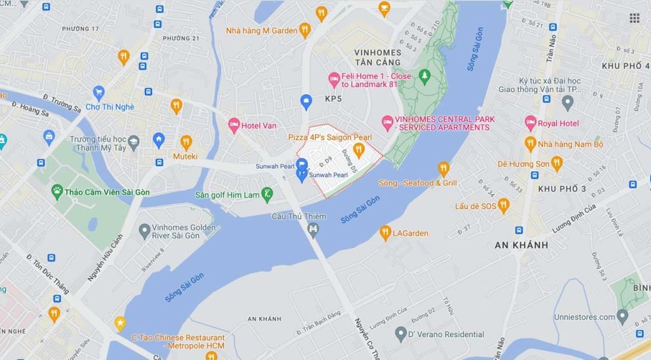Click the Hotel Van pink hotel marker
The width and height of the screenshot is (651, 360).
tap(234, 125)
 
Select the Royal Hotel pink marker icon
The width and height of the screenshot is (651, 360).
tap(530, 123)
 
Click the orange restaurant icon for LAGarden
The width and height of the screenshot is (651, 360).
tap(385, 233)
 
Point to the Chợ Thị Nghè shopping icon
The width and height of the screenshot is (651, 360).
tap(99, 93)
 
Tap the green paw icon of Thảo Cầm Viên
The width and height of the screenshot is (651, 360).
tap(57, 191)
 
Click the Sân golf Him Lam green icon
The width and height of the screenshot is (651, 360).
tap(268, 194)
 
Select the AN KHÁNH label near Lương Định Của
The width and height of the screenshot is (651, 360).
tap(521, 245)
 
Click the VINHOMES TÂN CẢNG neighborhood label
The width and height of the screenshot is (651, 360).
tap(378, 57)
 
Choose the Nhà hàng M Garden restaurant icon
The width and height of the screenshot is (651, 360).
tap(305, 30)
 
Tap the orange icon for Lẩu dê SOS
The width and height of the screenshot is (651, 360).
tap(504, 205)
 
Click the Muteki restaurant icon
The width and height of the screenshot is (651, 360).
tap(186, 142)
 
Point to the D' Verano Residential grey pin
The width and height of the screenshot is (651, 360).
tap(400, 334)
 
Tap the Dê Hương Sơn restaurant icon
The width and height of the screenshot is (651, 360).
tap(557, 163)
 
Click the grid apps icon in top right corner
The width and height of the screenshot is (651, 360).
tap(634, 18)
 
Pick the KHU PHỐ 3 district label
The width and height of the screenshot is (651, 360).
tap(562, 189)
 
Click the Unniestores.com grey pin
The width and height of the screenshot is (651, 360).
tap(622, 316)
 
